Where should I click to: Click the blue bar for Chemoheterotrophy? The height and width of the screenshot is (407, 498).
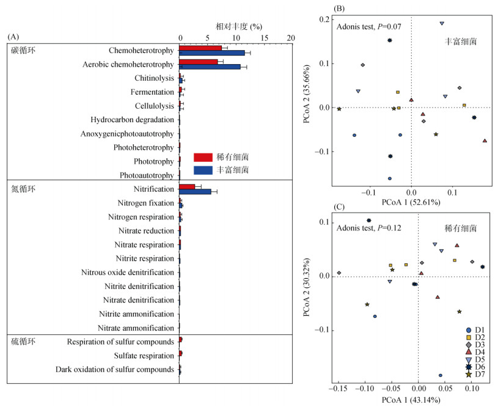[x=211, y=53]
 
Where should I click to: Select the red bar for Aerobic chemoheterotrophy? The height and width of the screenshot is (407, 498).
[x=198, y=62]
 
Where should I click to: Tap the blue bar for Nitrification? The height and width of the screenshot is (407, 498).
[x=195, y=191]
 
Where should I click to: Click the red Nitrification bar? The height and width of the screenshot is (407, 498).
[x=187, y=186]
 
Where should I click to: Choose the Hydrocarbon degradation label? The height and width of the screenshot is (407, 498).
[x=132, y=120]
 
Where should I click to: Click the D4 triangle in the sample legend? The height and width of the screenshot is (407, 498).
[x=469, y=353]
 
